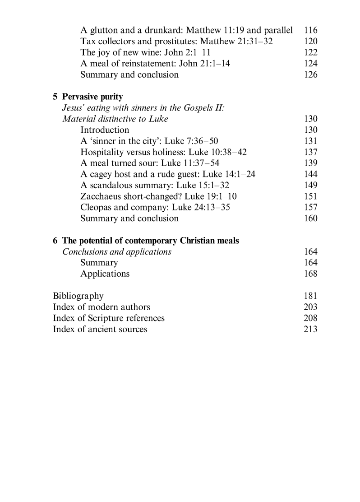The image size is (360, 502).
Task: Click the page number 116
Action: click(311, 31)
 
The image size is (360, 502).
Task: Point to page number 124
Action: click(311, 64)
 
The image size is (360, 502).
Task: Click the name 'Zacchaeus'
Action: click(101, 196)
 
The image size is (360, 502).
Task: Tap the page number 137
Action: click(311, 152)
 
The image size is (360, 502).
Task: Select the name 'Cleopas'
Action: click(97, 207)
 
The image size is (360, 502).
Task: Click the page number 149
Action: click(311, 185)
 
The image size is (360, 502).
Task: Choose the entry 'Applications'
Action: click(105, 274)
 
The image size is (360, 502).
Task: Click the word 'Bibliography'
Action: click(78, 296)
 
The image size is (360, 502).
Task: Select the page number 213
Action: click(311, 329)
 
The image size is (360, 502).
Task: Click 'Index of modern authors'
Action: click(102, 307)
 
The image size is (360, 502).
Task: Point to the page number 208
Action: click(311, 318)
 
